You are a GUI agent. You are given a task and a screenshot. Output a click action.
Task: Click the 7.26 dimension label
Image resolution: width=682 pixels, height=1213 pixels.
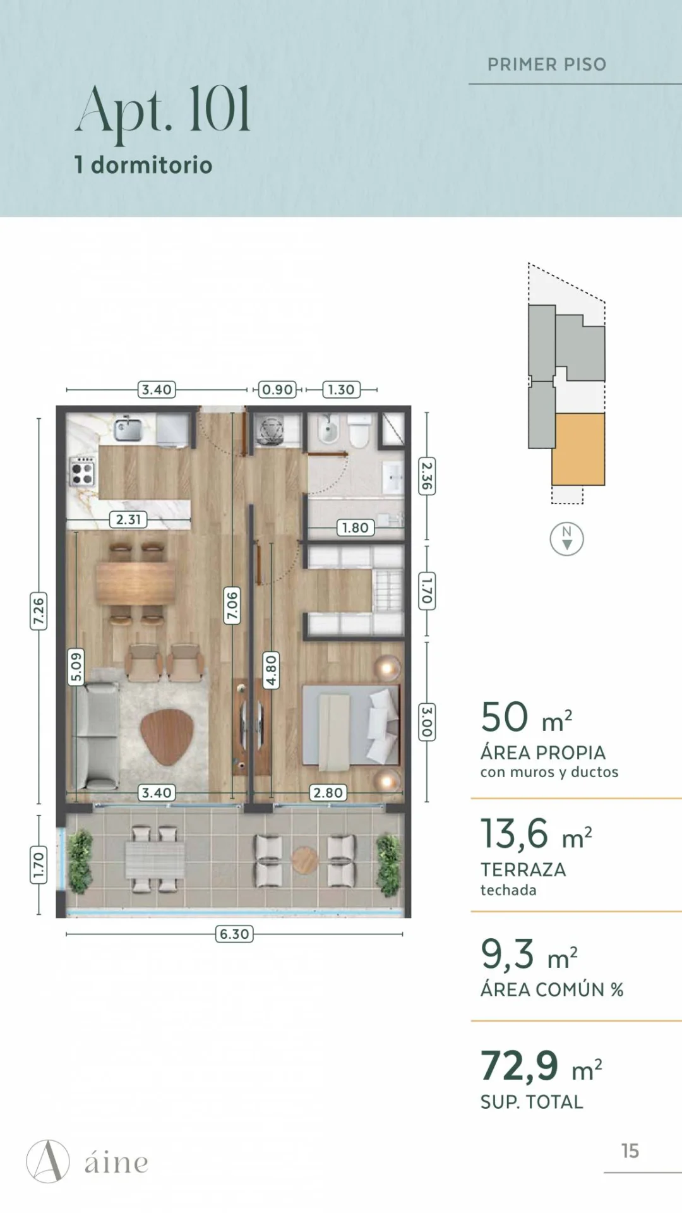(x=39, y=611)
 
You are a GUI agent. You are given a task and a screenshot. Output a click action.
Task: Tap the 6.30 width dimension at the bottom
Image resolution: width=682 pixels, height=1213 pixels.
(x=234, y=934)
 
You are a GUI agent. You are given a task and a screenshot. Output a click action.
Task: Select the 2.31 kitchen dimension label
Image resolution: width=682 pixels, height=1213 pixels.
(x=128, y=519)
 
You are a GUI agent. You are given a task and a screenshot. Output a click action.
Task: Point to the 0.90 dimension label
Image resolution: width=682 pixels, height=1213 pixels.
(x=277, y=390)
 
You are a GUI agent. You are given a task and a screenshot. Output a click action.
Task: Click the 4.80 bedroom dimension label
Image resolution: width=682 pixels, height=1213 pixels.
(x=271, y=670)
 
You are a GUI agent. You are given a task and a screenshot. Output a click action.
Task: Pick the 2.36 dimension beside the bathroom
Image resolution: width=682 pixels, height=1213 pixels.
(x=427, y=476)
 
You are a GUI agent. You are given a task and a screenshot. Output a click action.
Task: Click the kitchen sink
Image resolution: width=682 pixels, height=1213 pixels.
(x=128, y=430)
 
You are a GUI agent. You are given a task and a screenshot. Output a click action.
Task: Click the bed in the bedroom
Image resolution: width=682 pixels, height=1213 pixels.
(x=350, y=725)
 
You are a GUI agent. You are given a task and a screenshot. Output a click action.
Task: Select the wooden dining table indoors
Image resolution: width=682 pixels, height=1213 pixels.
(x=136, y=583)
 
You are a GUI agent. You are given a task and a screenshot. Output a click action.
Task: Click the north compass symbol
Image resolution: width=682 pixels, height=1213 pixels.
(x=566, y=539)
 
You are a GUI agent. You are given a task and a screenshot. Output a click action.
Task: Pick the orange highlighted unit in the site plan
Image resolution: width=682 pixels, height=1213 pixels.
(x=578, y=449)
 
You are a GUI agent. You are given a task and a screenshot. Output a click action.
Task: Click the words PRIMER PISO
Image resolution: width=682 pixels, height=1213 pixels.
(x=547, y=64)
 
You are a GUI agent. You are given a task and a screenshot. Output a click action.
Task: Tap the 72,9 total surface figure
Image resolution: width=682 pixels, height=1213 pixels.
(x=520, y=1066)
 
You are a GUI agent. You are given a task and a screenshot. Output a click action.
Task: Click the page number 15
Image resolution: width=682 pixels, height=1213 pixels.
(x=630, y=1151)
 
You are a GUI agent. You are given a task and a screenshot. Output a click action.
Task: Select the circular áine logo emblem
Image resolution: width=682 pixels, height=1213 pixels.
(x=48, y=1161)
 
